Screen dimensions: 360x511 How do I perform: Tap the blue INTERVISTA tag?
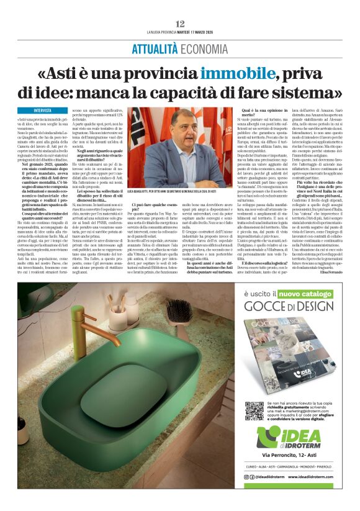click(x=43, y=111)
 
